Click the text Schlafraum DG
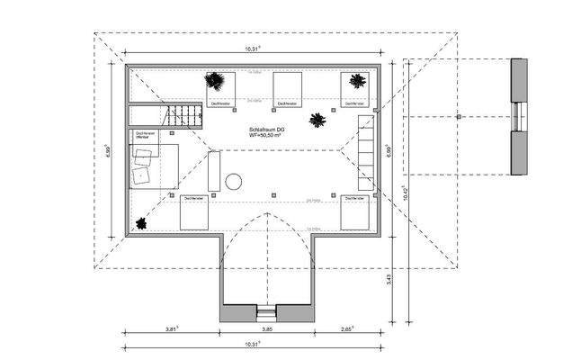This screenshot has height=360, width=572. click(x=268, y=130)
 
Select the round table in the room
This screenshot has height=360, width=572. click(x=234, y=182)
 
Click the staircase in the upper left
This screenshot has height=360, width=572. click(x=184, y=115)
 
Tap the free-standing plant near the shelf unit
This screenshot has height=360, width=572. click(x=317, y=120)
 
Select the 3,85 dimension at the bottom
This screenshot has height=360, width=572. click(x=266, y=330)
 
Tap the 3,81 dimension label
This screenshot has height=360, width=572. click(x=172, y=330)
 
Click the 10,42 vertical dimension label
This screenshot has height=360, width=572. click(x=407, y=193)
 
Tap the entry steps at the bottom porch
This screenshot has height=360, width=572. click(x=266, y=313)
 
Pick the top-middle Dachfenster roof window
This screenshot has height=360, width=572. click(x=287, y=89)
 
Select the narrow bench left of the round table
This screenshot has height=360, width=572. click(x=213, y=170)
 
